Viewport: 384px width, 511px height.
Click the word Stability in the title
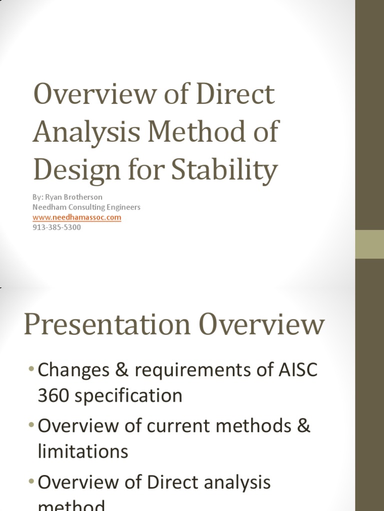click(224, 170)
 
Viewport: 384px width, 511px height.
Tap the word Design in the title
click(70, 170)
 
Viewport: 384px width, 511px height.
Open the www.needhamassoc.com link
click(77, 218)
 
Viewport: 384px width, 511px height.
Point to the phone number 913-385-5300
click(56, 228)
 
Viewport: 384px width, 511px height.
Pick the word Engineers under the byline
click(123, 207)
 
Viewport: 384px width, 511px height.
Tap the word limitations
click(83, 451)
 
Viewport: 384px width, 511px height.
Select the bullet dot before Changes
click(31, 370)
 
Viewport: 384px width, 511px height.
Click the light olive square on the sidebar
click(369, 245)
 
